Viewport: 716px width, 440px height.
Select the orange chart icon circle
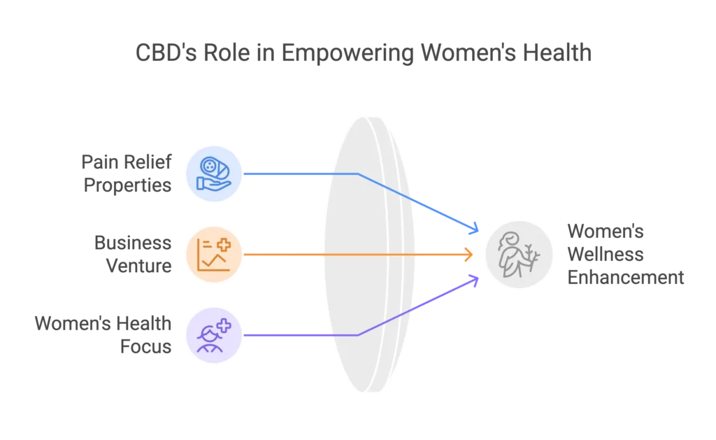214,255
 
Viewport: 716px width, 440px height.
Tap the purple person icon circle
213,335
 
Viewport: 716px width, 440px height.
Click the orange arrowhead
470,255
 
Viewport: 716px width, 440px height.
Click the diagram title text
363,53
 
